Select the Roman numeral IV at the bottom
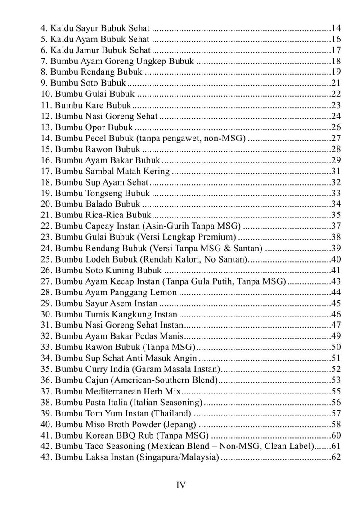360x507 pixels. coord(180,485)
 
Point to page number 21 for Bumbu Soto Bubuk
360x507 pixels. coord(335,83)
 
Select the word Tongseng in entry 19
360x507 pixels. coord(102,193)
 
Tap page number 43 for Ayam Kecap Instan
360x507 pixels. coord(335,281)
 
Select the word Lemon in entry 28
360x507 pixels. coord(165,292)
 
